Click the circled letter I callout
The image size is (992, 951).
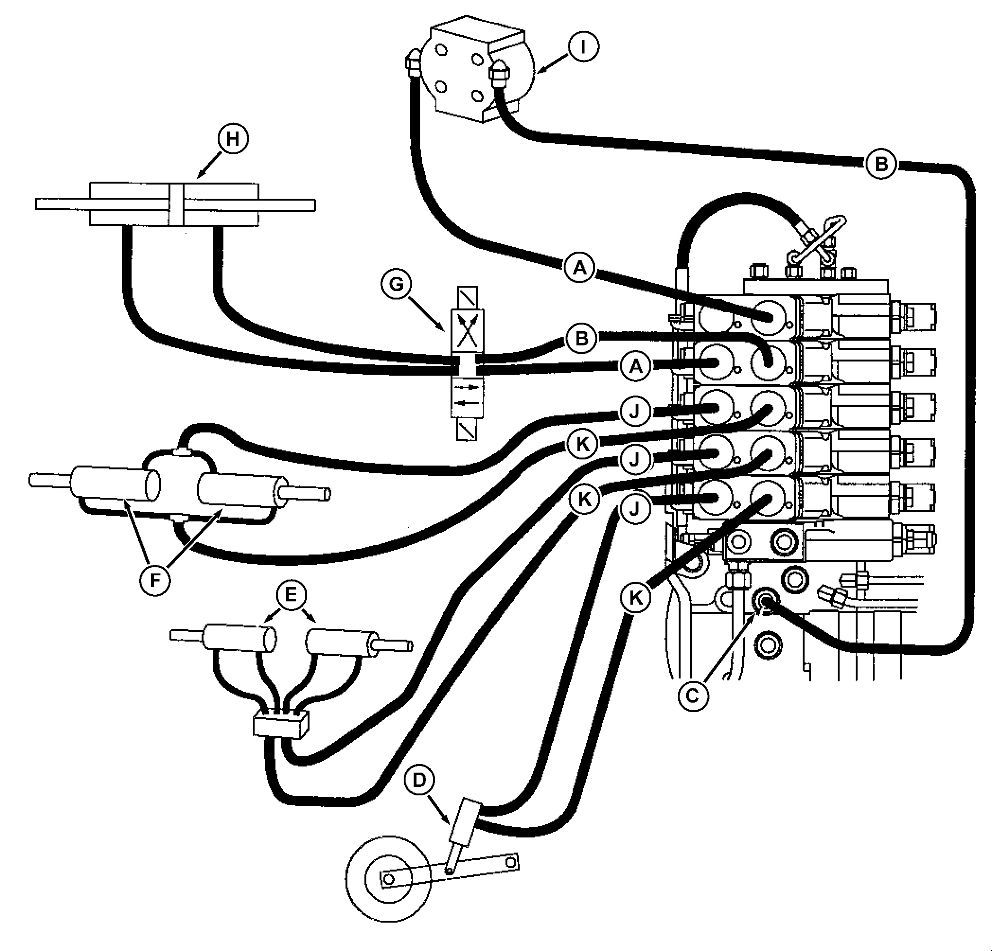click(583, 47)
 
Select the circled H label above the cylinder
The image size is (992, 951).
click(233, 139)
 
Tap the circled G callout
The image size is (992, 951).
click(396, 284)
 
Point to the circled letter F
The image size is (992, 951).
click(155, 580)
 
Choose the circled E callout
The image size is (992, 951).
click(291, 595)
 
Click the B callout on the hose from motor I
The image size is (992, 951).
click(881, 164)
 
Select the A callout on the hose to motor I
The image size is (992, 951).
click(580, 267)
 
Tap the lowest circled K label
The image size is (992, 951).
click(636, 598)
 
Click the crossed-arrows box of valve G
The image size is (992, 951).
click(467, 331)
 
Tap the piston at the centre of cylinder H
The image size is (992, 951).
click(176, 204)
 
